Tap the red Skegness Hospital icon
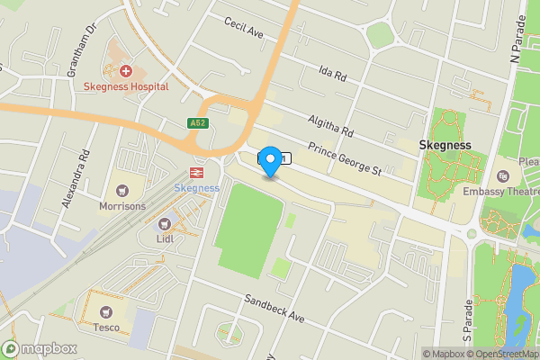pos(125,70)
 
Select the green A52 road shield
pos(199,123)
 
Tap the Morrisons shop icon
pos(122,190)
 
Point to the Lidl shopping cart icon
pos(164,223)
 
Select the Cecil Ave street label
pos(243,28)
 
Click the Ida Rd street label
pos(332,72)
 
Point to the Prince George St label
pos(346,158)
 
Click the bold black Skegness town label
pos(446,145)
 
